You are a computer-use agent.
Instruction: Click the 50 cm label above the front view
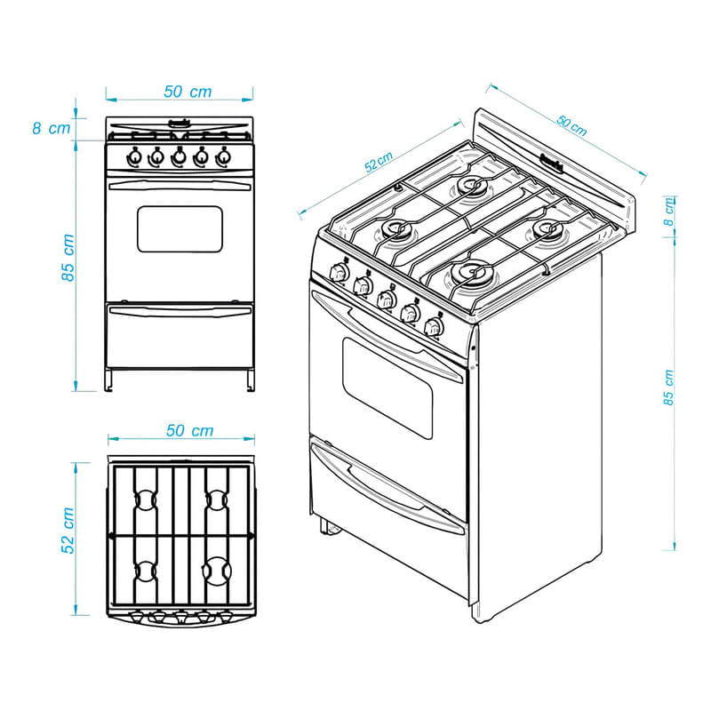click(188, 92)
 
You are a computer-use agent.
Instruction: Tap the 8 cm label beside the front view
click(51, 128)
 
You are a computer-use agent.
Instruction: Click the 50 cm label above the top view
click(189, 431)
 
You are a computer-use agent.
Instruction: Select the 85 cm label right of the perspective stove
click(669, 387)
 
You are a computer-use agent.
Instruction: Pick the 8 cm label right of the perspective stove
click(670, 213)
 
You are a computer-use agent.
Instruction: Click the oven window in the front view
click(180, 229)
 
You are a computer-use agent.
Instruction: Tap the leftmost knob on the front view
click(134, 157)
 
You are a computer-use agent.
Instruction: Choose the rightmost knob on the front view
click(224, 157)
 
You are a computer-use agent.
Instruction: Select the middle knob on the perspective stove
click(386, 298)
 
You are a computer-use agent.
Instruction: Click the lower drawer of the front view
click(180, 336)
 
